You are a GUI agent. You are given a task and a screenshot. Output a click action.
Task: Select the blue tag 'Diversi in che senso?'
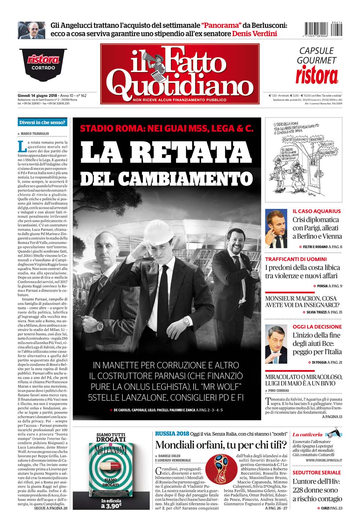click(42, 122)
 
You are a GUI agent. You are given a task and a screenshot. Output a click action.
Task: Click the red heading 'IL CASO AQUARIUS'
click(316, 211)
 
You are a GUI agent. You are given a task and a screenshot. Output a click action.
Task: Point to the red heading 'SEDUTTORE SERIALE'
click(316, 472)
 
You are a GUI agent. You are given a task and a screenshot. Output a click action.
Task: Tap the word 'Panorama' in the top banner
click(221, 25)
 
